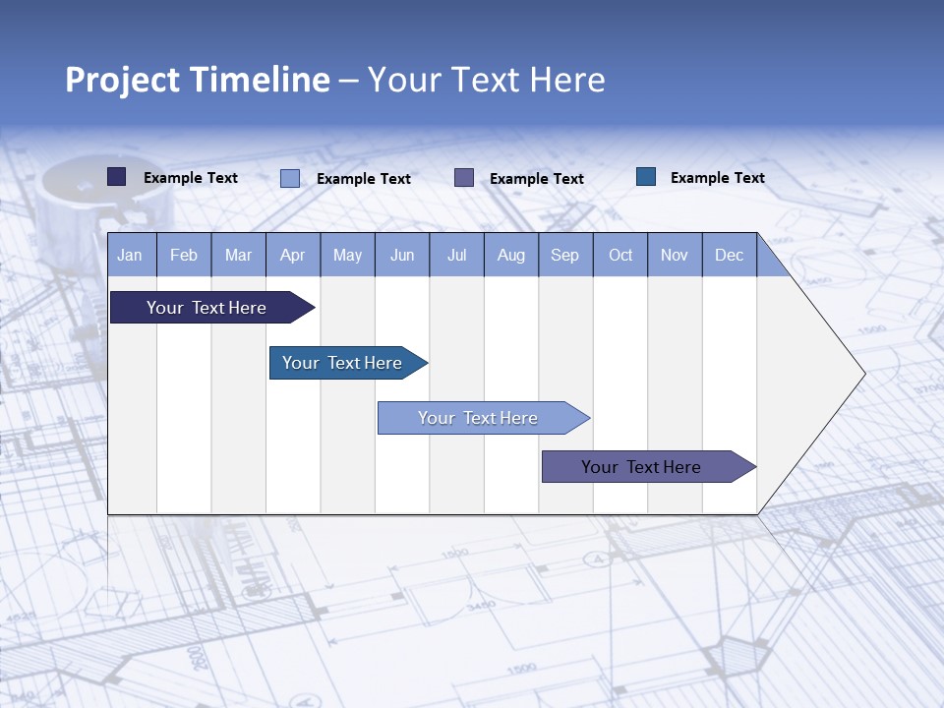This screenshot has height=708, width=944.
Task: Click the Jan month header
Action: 131,255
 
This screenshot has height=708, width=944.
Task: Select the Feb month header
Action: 184,255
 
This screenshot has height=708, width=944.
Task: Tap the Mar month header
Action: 238,255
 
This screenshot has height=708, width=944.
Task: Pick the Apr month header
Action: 293,255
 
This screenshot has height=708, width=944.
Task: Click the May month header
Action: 347,255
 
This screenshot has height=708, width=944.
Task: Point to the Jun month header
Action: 402,255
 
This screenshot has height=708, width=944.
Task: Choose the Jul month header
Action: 456,255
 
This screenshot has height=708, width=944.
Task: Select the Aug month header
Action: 511,255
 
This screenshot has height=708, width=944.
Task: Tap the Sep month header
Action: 565,255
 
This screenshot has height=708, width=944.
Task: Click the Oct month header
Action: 620,255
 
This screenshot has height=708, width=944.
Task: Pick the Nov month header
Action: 675,255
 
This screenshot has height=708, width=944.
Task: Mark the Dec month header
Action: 730,255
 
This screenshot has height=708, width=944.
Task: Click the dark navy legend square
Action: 117,177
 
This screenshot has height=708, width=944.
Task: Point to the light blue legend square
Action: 290,178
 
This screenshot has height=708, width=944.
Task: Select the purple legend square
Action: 464,178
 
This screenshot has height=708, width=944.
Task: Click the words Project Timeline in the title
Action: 198,80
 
